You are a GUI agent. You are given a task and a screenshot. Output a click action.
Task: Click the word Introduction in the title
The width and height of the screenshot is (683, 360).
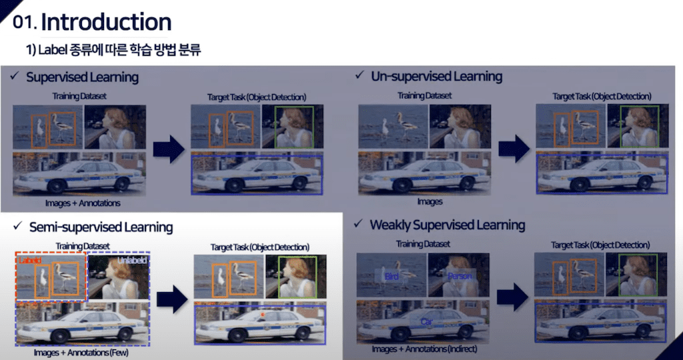tap(106, 22)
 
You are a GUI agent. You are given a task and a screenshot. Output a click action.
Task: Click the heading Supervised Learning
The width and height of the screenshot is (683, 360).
tap(82, 77)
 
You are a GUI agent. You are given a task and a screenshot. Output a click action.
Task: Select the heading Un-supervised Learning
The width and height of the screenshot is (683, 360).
tap(436, 77)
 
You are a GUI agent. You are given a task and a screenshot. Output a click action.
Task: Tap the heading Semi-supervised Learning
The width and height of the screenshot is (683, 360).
tap(101, 227)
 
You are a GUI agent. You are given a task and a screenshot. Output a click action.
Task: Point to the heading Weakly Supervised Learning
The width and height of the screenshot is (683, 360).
tap(447, 225)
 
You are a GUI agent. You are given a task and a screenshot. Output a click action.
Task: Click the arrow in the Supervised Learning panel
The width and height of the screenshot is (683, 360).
tap(168, 149)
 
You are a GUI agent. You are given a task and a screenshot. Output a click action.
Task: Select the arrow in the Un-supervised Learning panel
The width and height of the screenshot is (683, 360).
tap(514, 148)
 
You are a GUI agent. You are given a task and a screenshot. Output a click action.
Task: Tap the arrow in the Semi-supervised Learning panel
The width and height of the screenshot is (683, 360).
tap(170, 298)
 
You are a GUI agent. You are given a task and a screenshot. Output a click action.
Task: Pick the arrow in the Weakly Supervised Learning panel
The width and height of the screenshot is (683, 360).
tap(513, 297)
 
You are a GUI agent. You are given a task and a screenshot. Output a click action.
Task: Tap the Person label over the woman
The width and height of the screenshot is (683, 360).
tap(460, 275)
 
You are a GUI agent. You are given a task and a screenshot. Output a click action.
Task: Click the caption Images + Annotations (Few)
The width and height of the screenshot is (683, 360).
tap(81, 353)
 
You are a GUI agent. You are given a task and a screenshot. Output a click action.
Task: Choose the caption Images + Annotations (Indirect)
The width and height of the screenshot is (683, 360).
tap(425, 349)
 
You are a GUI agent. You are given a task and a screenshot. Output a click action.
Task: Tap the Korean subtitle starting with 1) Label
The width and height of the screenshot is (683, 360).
tap(113, 49)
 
